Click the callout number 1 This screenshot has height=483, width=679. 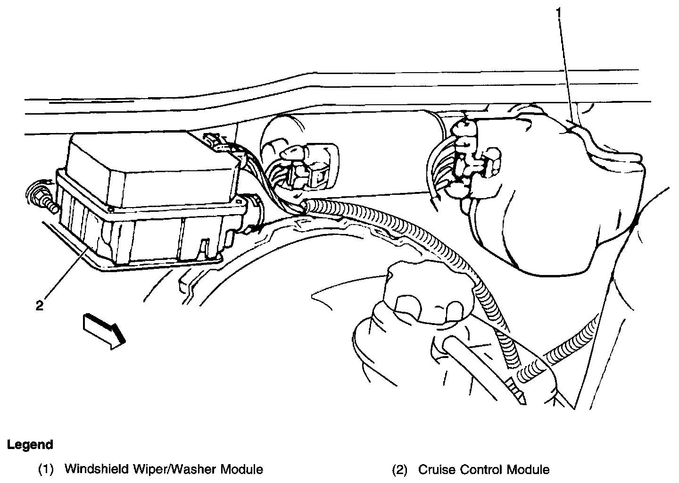point(559,13)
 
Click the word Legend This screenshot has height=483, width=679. point(30,444)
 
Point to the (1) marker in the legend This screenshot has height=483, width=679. point(46,470)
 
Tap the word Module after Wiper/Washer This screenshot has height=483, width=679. point(241,469)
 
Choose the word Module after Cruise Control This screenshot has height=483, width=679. point(528,470)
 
